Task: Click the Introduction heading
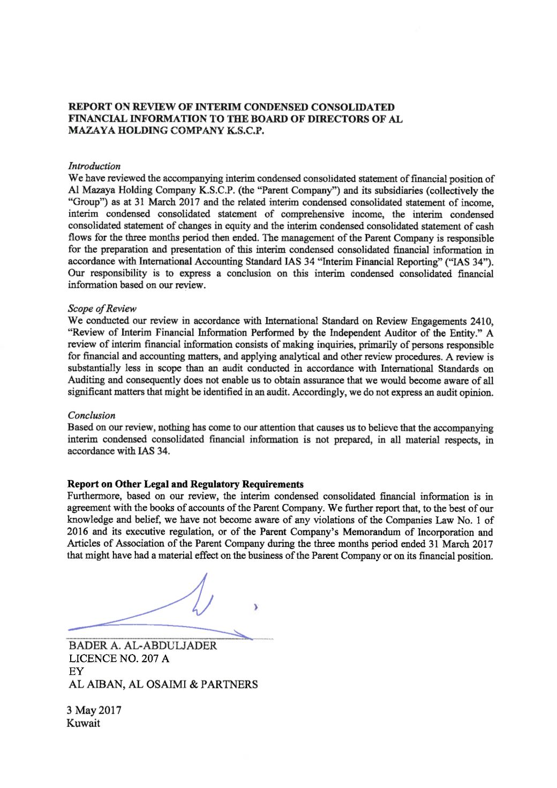[94, 167]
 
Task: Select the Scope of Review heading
[102, 309]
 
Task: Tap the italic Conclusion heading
[92, 415]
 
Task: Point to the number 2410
[480, 321]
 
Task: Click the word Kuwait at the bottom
[84, 723]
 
